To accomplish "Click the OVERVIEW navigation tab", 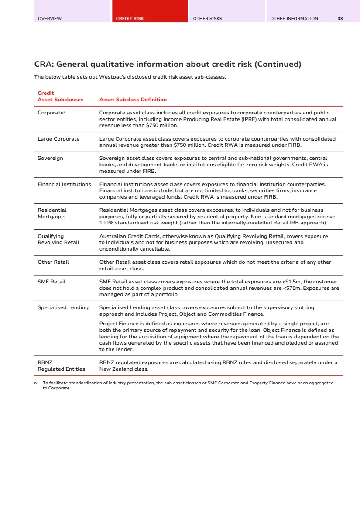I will (50, 19).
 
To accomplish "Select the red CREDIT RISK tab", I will (130, 19).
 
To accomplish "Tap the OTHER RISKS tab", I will (208, 19).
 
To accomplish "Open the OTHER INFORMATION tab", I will (294, 19).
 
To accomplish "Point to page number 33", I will (340, 19).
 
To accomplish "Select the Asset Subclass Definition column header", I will (133, 100).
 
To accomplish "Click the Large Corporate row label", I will (58, 139).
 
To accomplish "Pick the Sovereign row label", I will (50, 158).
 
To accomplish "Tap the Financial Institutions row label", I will (64, 184).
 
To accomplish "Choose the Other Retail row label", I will (53, 262).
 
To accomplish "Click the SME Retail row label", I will (51, 282).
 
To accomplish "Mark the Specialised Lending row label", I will (63, 307).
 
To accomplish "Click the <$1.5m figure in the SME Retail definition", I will (290, 282).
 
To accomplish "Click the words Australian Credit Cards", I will (127, 236).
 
